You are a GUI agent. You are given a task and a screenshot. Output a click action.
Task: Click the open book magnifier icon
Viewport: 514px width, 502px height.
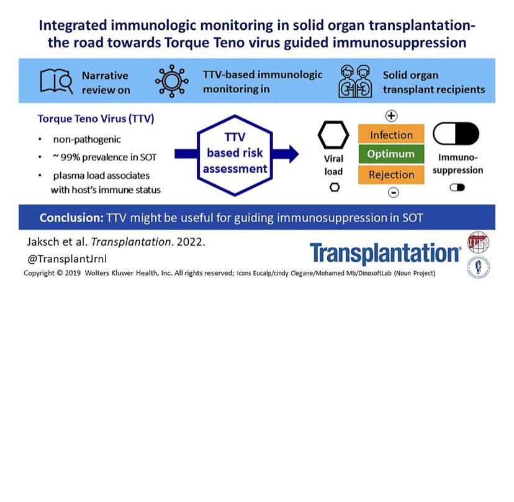pos(56,81)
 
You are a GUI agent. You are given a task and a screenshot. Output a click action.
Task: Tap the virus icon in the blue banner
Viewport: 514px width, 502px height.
pos(172,81)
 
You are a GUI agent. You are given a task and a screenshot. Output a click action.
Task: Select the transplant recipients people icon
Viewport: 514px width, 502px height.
pos(355,81)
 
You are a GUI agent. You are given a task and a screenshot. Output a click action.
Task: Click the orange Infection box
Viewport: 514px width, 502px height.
pos(391,135)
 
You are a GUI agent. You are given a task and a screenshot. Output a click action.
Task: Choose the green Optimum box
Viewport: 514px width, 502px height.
pos(391,155)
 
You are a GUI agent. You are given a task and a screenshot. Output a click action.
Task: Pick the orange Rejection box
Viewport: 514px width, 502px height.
pos(391,175)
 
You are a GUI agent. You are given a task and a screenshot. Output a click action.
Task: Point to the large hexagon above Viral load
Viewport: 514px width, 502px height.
pos(333,135)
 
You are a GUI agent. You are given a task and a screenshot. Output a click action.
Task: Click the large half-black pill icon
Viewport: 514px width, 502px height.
pos(456,134)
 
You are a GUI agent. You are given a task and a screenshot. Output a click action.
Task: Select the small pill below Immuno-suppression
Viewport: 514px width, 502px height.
pos(458,187)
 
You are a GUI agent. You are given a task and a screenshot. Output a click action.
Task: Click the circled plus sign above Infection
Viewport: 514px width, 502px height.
pos(392,115)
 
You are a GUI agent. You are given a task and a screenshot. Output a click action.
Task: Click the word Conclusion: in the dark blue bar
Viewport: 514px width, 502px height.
pos(71,218)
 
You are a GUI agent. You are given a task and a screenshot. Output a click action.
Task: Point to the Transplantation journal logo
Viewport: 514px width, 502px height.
pos(385,254)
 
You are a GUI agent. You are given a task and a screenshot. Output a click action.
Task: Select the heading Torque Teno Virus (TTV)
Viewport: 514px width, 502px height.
pos(96,119)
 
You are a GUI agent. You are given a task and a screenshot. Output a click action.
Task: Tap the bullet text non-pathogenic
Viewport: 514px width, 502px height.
pos(86,140)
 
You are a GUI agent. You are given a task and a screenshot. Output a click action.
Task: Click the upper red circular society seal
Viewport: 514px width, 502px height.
pos(478,242)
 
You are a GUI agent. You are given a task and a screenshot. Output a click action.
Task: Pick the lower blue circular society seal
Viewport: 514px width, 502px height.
pos(478,267)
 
